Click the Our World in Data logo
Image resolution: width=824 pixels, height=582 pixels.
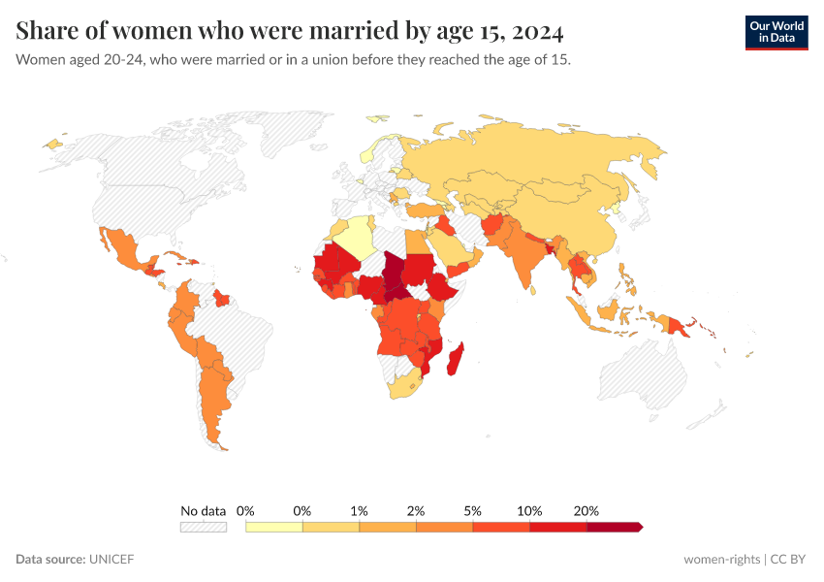tap(776, 32)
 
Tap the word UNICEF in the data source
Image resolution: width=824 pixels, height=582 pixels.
tap(111, 559)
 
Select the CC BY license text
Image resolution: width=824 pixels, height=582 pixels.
tap(789, 559)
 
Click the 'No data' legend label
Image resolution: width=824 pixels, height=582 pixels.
tap(203, 510)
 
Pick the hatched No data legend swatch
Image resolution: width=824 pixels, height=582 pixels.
tap(203, 527)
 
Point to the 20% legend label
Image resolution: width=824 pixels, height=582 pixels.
tap(586, 510)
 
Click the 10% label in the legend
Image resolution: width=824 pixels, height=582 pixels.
tap(529, 510)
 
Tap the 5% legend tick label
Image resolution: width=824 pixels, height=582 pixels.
tap(473, 510)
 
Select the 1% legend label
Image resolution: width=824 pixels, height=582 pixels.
tap(360, 510)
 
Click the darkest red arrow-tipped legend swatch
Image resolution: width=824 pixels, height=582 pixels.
tap(614, 527)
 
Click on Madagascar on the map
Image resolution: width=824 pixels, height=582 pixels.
tap(454, 359)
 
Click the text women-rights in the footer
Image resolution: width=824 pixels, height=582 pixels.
tap(721, 559)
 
